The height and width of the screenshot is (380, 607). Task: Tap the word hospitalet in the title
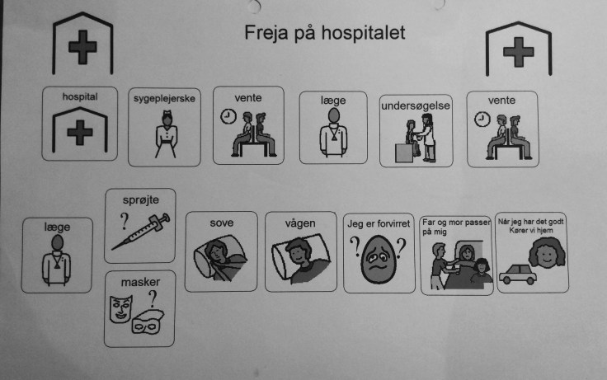(x=364, y=32)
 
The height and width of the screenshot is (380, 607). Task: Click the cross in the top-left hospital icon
(x=82, y=47)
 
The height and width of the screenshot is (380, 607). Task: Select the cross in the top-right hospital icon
(x=519, y=51)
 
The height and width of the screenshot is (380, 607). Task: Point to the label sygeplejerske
(x=164, y=99)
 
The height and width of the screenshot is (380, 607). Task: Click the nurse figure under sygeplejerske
(x=167, y=134)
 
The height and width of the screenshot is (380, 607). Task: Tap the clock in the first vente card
(x=228, y=116)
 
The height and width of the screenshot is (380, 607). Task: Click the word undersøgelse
(x=416, y=106)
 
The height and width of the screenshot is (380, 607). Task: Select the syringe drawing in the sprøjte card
(x=141, y=232)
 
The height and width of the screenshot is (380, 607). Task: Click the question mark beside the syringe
(x=124, y=222)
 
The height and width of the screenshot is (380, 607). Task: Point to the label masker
(x=140, y=282)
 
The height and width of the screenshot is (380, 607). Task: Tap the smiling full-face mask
(x=120, y=309)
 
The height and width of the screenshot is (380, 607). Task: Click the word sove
(x=221, y=223)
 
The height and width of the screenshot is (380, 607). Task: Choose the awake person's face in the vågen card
(x=298, y=251)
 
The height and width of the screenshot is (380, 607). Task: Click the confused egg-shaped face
(x=379, y=259)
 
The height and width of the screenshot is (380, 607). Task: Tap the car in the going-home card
(x=518, y=274)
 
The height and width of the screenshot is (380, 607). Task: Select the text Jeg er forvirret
(x=379, y=223)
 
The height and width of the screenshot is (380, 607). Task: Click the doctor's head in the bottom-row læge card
(x=57, y=243)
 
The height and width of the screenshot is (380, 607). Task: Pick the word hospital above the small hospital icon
(x=80, y=96)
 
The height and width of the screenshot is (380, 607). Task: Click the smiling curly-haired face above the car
(x=546, y=252)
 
